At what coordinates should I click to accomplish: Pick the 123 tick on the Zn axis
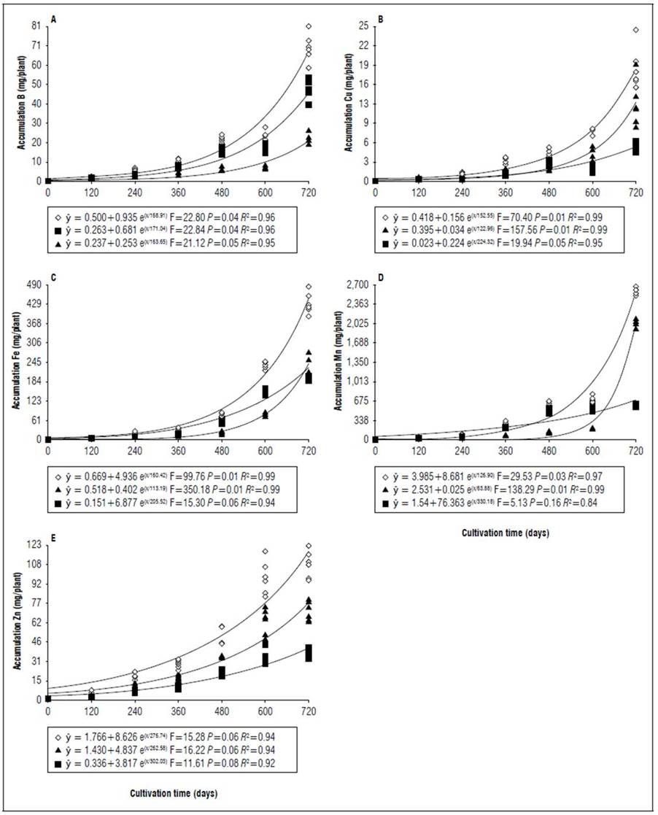pyautogui.click(x=32, y=545)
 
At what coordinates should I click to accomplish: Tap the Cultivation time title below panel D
pyautogui.click(x=506, y=533)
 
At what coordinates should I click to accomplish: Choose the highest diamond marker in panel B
pyautogui.click(x=635, y=30)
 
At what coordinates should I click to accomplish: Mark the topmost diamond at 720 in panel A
pyautogui.click(x=309, y=26)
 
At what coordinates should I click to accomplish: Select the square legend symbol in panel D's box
pyautogui.click(x=384, y=503)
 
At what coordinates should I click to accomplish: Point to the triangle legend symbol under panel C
pyautogui.click(x=57, y=489)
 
